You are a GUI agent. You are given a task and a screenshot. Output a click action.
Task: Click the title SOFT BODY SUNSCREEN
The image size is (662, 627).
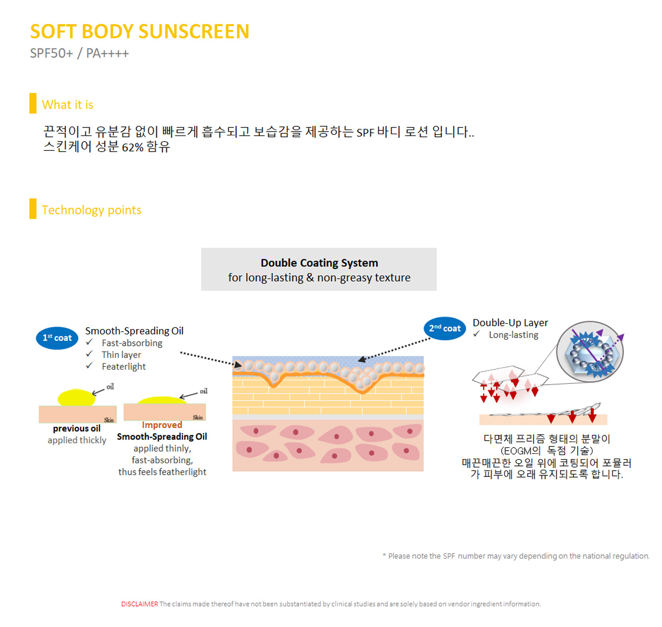click(x=139, y=32)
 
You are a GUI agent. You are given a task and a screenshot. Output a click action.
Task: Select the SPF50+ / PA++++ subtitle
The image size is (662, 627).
click(x=79, y=54)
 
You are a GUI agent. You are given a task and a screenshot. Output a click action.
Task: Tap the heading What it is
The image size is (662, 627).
click(x=67, y=105)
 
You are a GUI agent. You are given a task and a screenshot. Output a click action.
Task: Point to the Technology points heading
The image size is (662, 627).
click(x=92, y=210)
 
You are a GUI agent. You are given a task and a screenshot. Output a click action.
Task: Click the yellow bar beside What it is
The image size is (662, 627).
click(x=33, y=103)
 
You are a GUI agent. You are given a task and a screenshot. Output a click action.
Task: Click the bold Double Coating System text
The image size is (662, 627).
click(x=319, y=263)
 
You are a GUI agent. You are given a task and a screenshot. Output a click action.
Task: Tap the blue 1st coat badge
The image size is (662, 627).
click(x=57, y=338)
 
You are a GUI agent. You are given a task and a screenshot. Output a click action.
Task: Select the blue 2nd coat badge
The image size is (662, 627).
click(x=445, y=329)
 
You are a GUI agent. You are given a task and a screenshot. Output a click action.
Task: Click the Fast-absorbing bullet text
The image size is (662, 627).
click(x=132, y=343)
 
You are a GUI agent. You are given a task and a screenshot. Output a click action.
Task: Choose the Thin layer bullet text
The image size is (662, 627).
click(x=121, y=355)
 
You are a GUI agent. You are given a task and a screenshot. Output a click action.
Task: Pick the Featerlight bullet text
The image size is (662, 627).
click(x=124, y=366)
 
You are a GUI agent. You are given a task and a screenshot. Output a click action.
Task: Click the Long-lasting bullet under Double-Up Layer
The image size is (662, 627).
click(x=513, y=335)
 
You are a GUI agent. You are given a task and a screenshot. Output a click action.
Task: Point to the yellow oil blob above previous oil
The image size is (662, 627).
click(x=77, y=397)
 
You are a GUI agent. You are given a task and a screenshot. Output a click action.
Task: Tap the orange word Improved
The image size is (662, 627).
click(x=162, y=425)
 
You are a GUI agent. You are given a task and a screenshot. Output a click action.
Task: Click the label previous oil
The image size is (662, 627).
click(x=77, y=429)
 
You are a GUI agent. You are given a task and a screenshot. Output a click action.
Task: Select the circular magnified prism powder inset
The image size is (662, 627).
click(x=590, y=352)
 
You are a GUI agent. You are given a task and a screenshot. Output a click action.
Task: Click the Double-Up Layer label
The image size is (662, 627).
click(x=510, y=323)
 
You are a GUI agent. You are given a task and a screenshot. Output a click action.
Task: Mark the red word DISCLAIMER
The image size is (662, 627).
click(x=139, y=604)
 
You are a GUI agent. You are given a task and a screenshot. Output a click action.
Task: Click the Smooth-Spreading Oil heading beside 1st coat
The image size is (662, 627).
click(x=134, y=331)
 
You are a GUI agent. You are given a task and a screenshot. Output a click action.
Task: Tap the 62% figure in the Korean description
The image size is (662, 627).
click(x=133, y=148)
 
